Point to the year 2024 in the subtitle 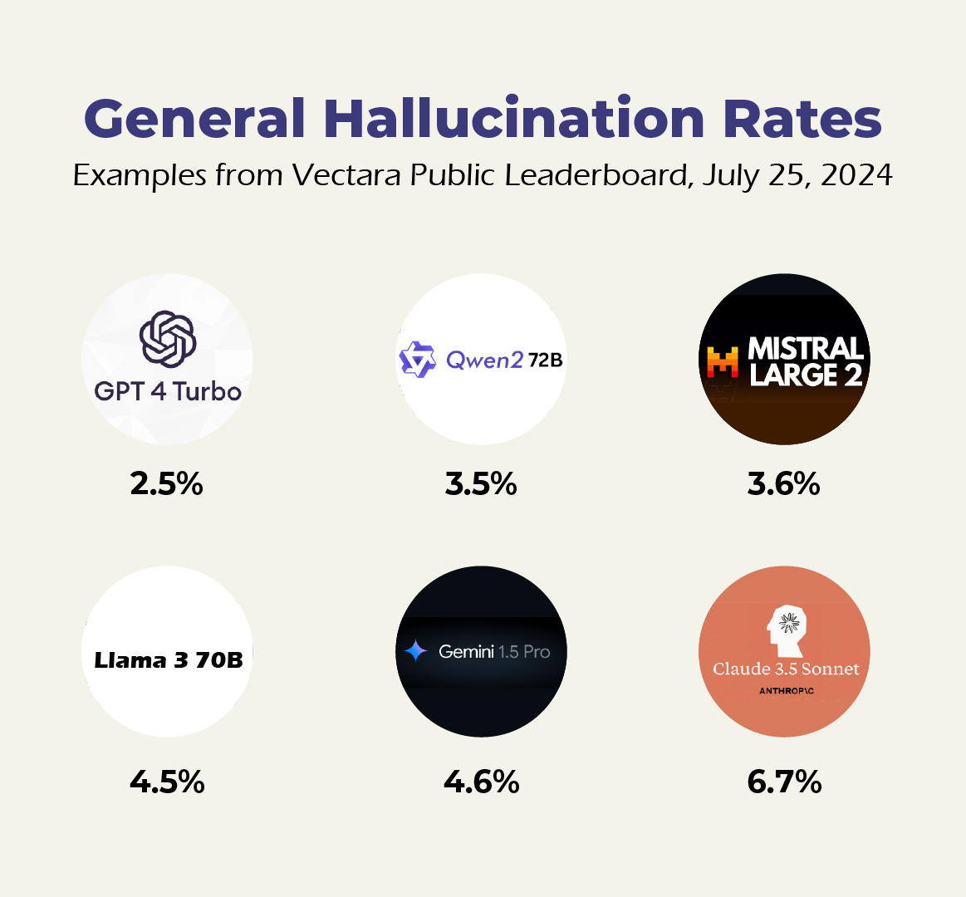[x=856, y=175]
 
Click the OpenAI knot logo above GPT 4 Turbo [x=168, y=339]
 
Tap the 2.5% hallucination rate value [x=167, y=483]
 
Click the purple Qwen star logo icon [x=417, y=360]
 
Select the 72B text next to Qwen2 [x=545, y=360]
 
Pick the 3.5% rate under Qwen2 [x=481, y=483]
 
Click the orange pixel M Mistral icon [x=723, y=362]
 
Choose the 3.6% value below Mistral [x=783, y=483]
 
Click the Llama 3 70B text [x=169, y=660]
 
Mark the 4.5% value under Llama [x=167, y=782]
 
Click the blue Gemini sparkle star [x=415, y=651]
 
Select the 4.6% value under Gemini [x=481, y=782]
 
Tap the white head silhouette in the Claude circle [x=785, y=630]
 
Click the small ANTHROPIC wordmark [x=786, y=691]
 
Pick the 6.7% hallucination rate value [x=784, y=782]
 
